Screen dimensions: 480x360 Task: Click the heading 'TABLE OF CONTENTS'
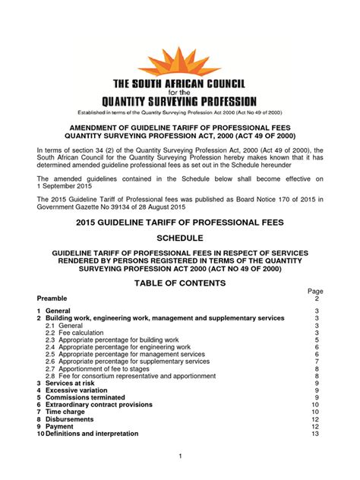(180, 283)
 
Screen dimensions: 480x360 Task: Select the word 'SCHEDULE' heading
(180, 238)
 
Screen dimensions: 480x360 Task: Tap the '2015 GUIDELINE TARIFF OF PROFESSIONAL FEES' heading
(180, 220)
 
